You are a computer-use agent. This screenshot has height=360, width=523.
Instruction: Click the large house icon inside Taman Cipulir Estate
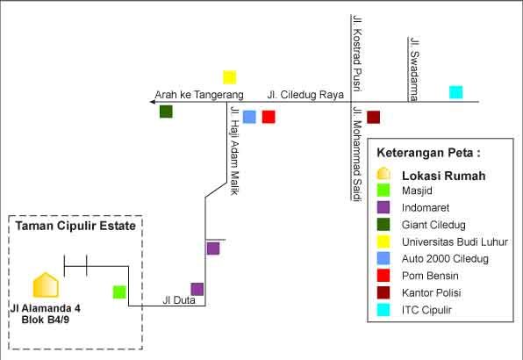[46, 285]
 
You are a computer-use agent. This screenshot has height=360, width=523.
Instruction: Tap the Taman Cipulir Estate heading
[75, 226]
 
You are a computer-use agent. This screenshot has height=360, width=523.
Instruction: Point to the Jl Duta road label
[179, 300]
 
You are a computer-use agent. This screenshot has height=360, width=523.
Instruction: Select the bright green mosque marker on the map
[119, 292]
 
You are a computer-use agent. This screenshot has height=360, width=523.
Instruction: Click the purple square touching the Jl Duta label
[197, 289]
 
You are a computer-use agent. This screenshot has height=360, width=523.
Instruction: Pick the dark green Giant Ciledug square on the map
[166, 112]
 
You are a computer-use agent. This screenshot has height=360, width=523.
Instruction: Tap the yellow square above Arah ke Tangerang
[230, 77]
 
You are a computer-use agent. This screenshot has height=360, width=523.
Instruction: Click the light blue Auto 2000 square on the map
[249, 117]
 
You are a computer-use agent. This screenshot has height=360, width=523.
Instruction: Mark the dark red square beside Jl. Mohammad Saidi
[373, 117]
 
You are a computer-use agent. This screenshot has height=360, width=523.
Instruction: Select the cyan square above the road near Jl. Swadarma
[456, 92]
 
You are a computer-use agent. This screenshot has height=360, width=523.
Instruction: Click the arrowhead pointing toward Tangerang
[153, 102]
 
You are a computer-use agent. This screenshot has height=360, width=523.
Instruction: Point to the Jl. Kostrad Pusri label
[357, 54]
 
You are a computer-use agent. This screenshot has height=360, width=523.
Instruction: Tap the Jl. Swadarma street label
[414, 69]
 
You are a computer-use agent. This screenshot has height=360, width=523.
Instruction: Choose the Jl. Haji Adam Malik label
[235, 151]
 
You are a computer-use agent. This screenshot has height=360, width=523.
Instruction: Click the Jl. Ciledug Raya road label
[305, 95]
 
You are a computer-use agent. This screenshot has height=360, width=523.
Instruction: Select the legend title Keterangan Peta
[428, 153]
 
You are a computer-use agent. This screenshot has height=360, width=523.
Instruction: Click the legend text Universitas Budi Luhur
[455, 241]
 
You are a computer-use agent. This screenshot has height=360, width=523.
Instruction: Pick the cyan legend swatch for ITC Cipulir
[383, 310]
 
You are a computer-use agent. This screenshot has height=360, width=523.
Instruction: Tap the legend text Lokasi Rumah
[444, 176]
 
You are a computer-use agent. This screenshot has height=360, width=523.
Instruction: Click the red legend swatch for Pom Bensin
[383, 276]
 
